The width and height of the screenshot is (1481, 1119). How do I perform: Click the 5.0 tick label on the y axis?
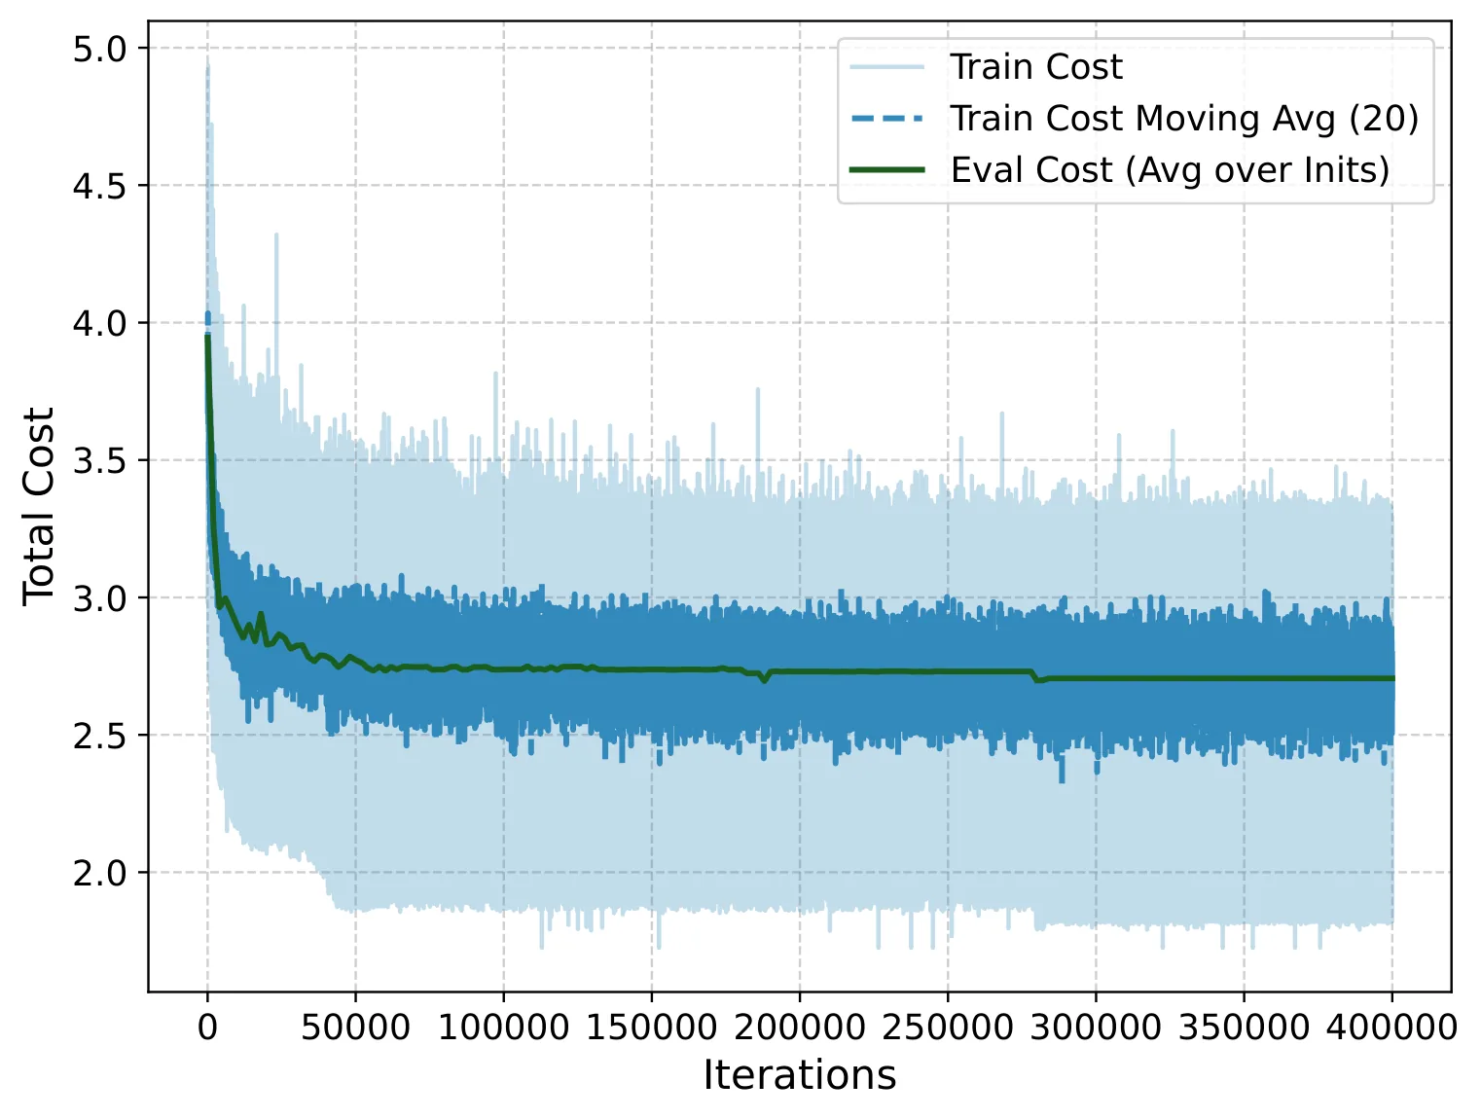[100, 49]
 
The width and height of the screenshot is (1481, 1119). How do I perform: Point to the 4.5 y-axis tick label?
[100, 186]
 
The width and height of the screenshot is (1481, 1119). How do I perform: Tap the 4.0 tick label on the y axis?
[100, 323]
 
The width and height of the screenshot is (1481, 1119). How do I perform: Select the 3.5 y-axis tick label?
[100, 460]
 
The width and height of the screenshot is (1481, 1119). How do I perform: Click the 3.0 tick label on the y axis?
[100, 597]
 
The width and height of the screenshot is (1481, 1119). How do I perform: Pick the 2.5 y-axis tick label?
[100, 736]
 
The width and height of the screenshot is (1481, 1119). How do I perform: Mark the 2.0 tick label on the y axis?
[100, 873]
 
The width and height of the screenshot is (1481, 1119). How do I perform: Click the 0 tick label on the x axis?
[208, 1028]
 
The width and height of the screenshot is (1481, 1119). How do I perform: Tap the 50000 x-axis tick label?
[355, 1028]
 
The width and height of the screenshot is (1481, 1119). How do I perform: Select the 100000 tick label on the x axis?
[503, 1028]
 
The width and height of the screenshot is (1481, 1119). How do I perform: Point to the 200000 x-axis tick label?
[800, 1028]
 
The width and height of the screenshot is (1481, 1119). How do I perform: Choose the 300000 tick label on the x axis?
[1096, 1028]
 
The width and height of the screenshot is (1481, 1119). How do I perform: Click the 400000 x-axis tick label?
[1391, 1028]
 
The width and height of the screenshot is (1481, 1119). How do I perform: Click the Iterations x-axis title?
[800, 1075]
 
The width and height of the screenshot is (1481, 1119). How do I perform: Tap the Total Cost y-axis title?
[38, 507]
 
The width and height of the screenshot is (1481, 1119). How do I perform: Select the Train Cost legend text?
[1036, 67]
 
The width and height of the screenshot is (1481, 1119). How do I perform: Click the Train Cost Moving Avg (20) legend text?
[1185, 119]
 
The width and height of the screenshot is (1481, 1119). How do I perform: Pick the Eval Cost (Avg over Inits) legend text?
[1170, 170]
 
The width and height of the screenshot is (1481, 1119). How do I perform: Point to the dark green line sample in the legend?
[887, 170]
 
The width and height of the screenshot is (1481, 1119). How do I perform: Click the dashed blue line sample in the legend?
[887, 119]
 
